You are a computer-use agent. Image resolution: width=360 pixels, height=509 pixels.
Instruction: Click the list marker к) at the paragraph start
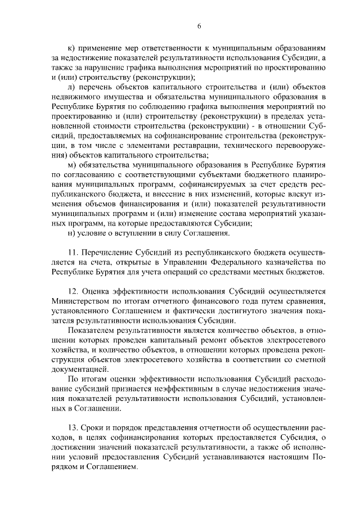coord(70,49)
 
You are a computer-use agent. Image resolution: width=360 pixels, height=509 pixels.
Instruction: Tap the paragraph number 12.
coord(71,291)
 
